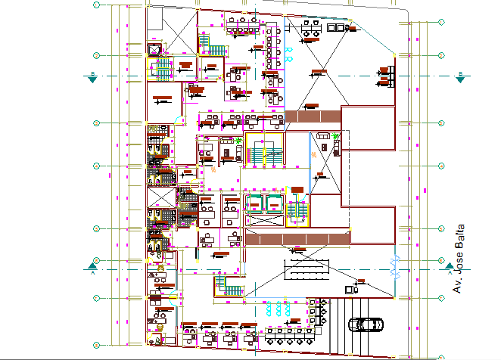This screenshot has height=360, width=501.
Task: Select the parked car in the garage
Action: point(366,324)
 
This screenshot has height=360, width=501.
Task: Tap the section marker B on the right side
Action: point(459,76)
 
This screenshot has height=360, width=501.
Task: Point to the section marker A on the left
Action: point(92,265)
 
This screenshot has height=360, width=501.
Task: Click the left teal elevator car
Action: point(254,204)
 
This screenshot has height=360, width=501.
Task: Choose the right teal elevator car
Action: point(273,204)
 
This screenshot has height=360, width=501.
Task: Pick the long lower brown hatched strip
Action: point(295,238)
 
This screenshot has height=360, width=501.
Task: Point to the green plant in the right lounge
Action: point(335,137)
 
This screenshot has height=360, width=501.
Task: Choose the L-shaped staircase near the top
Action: point(215,48)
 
